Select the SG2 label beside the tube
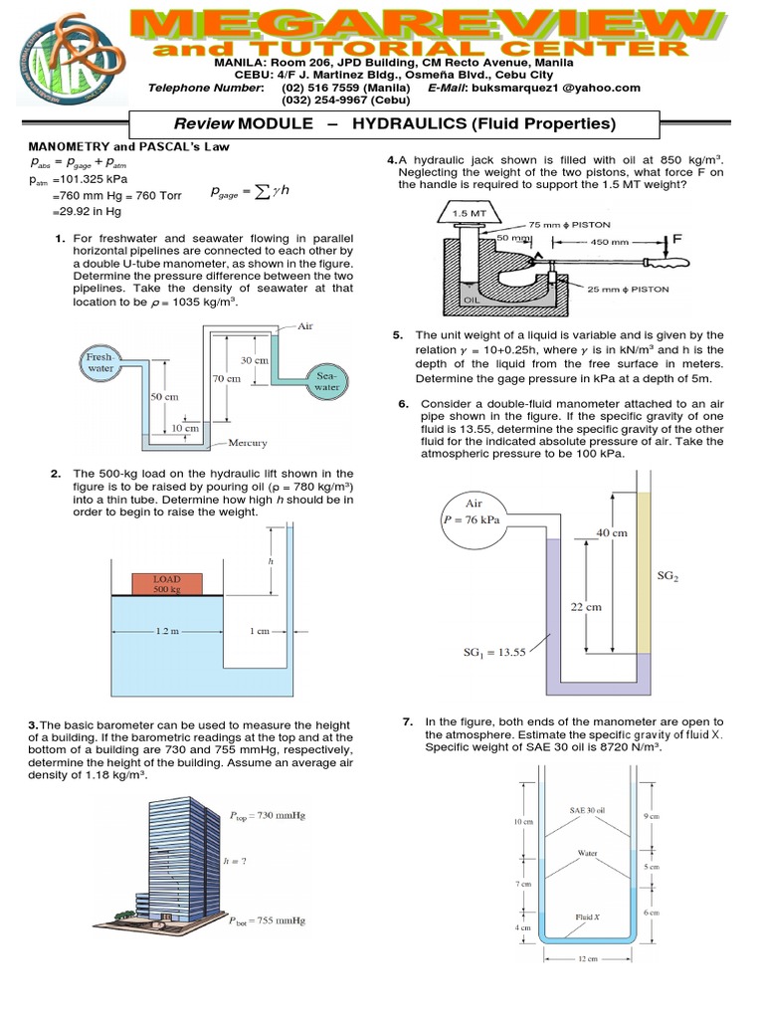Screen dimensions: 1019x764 pyautogui.click(x=668, y=576)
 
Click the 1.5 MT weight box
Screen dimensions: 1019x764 pyautogui.click(x=467, y=212)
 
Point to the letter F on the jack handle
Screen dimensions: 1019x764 pyautogui.click(x=678, y=240)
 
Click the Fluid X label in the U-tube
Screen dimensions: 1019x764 pyautogui.click(x=586, y=915)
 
